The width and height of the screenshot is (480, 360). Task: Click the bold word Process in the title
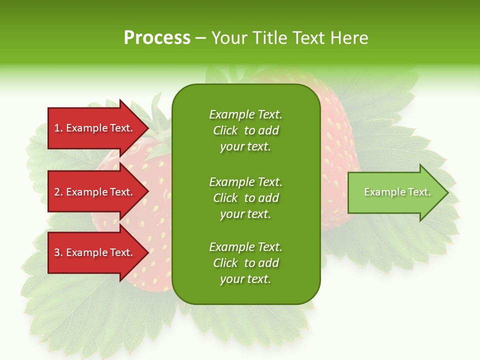click(157, 38)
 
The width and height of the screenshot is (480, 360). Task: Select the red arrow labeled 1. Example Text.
click(95, 128)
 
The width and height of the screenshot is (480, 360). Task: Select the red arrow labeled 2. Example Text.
click(95, 192)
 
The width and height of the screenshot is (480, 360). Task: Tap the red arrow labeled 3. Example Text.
click(95, 252)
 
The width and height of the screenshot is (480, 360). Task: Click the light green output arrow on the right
click(395, 192)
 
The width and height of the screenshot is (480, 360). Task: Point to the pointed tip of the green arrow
click(447, 192)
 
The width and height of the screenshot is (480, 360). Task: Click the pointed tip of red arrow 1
click(147, 128)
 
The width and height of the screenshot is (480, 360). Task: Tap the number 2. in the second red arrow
click(58, 192)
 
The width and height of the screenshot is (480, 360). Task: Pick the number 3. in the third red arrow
click(58, 252)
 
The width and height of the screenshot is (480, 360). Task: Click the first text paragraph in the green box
click(245, 130)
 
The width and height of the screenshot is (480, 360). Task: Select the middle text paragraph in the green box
click(245, 197)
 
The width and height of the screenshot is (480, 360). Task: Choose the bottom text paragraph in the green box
click(245, 263)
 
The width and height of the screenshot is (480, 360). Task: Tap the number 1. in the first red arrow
click(58, 128)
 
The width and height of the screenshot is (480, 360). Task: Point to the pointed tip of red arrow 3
click(147, 252)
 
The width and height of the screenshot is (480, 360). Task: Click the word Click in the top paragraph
click(225, 130)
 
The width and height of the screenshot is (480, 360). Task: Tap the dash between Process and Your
click(200, 38)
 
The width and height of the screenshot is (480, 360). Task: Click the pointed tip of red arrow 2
click(147, 192)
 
